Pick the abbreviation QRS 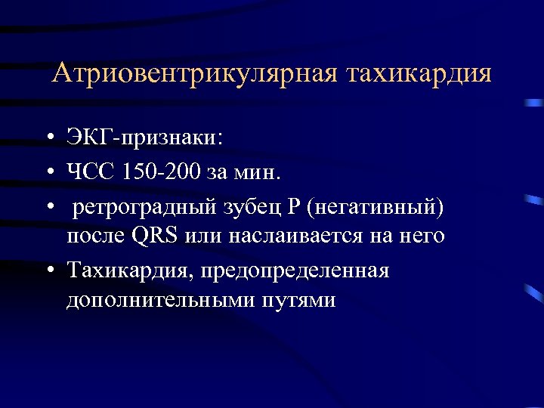tap(155, 236)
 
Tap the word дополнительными tap(156, 300)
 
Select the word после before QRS tap(94, 236)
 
